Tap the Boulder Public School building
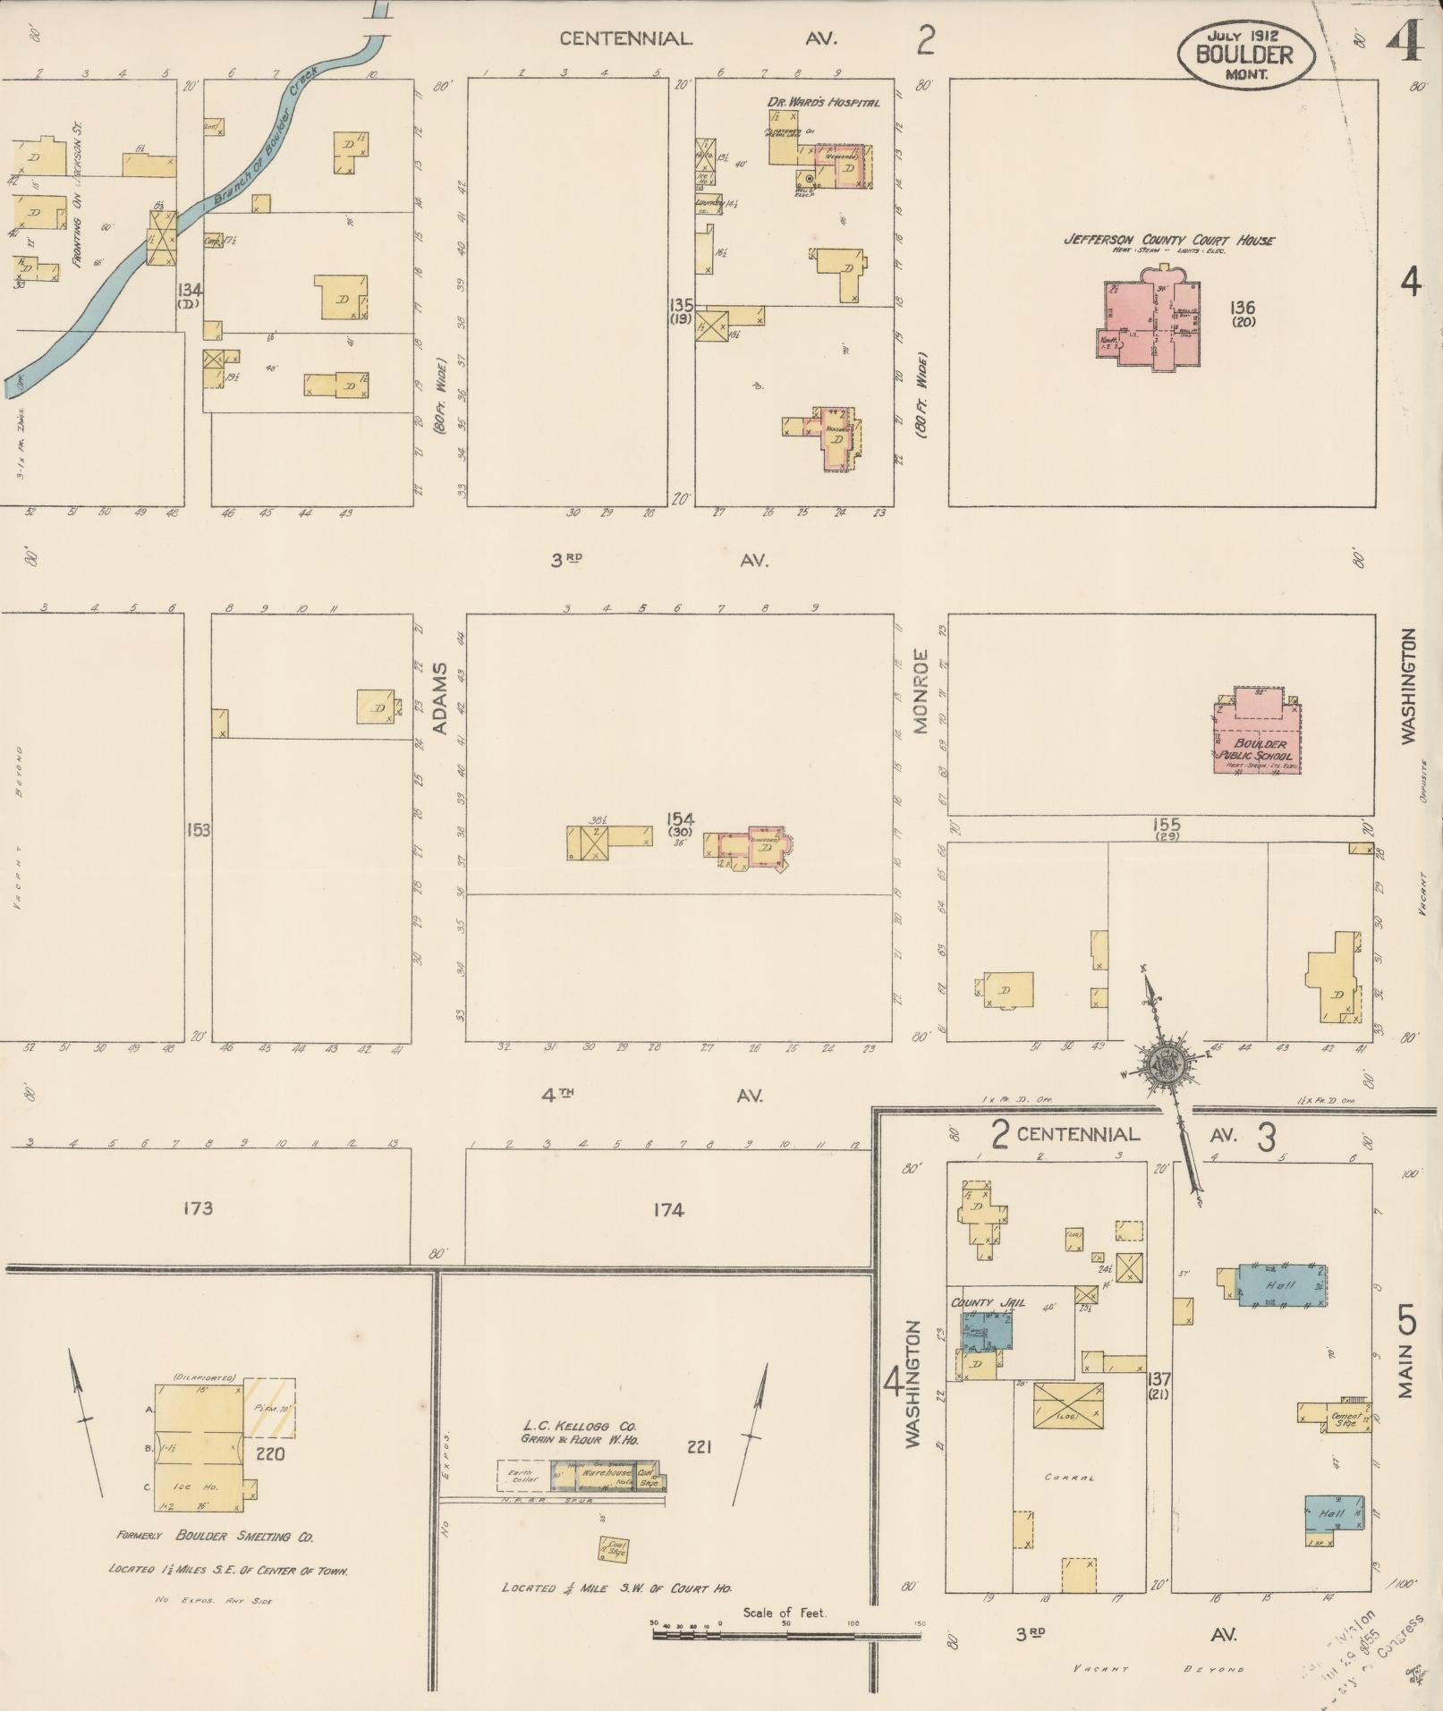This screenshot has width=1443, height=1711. (x=1257, y=733)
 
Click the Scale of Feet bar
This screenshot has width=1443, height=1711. (x=787, y=1633)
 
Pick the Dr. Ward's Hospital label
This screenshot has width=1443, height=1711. (x=823, y=102)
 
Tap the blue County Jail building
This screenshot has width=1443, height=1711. (x=988, y=1330)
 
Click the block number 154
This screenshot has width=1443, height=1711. (x=680, y=818)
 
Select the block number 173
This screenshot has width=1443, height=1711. (x=198, y=1208)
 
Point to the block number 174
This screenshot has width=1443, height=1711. (x=668, y=1210)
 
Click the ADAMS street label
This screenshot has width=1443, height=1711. (x=439, y=699)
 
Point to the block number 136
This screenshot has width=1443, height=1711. (x=1243, y=308)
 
